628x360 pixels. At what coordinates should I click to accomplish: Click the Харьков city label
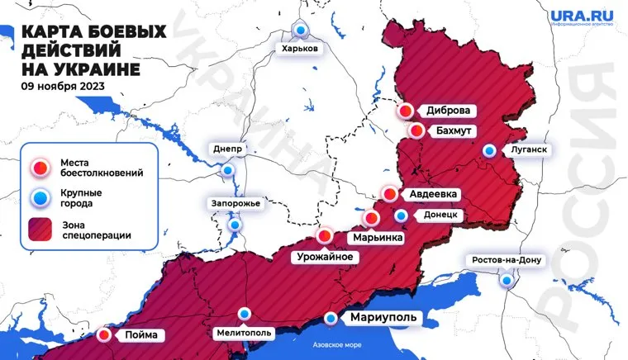[299, 50]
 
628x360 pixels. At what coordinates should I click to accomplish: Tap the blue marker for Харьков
[302, 31]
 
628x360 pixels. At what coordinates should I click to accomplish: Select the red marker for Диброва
[407, 111]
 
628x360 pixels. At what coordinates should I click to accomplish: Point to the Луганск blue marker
[490, 151]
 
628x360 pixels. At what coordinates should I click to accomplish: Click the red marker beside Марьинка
[372, 219]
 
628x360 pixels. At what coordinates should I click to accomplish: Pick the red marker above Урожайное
[326, 235]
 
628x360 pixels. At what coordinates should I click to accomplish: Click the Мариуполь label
[380, 318]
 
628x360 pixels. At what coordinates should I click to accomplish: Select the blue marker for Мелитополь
[245, 314]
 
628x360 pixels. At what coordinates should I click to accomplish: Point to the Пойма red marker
[104, 335]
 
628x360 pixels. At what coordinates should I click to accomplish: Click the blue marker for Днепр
[227, 170]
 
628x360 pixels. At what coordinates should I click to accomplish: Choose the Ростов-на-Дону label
[506, 261]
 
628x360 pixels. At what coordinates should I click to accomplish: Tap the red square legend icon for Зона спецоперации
[42, 228]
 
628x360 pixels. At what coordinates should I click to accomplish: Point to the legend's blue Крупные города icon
[42, 197]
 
